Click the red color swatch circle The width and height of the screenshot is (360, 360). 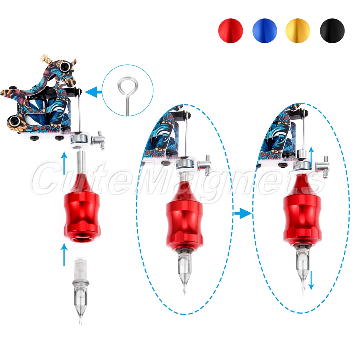[230, 31]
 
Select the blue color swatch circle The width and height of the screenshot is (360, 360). [265, 31]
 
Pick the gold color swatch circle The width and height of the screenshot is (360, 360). [298, 31]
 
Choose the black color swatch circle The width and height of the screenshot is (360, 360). [332, 31]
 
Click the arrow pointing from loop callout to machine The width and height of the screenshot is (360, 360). [94, 92]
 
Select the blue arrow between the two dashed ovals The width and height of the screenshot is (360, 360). [243, 213]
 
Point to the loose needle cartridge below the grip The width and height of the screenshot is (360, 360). [80, 289]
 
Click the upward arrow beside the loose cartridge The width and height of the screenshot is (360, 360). [64, 255]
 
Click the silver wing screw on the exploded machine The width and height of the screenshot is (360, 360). [98, 140]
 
